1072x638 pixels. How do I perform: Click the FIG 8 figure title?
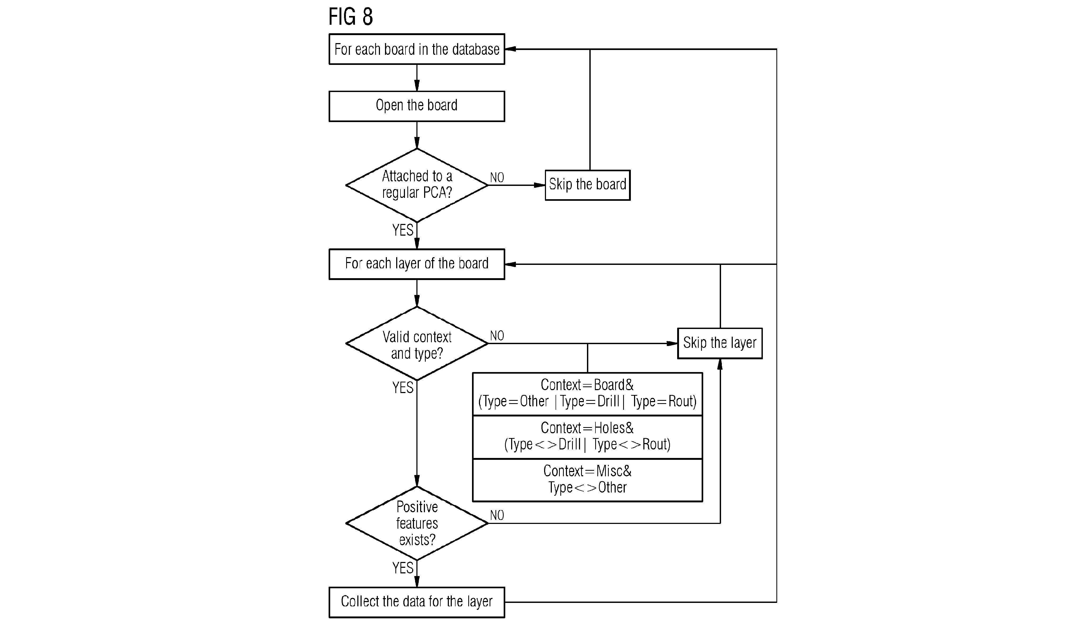[x=350, y=17]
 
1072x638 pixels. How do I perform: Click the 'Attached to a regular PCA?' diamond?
[x=417, y=185]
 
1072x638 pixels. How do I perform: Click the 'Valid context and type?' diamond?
[x=417, y=344]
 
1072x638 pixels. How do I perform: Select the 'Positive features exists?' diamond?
[x=417, y=523]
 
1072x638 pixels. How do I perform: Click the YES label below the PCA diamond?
[x=403, y=230]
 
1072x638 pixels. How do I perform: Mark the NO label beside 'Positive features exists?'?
[x=497, y=515]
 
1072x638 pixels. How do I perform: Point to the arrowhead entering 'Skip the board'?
[x=540, y=185]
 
